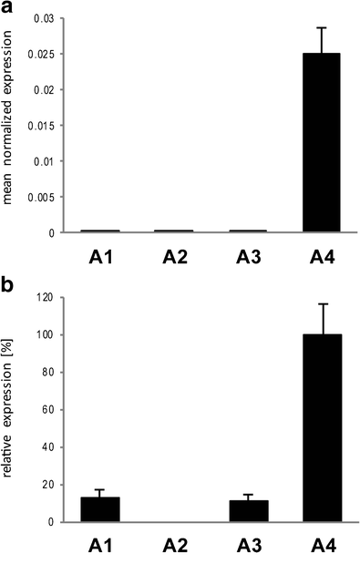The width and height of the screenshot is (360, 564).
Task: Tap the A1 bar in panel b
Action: (x=99, y=509)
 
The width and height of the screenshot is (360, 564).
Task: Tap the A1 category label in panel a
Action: (x=99, y=258)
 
